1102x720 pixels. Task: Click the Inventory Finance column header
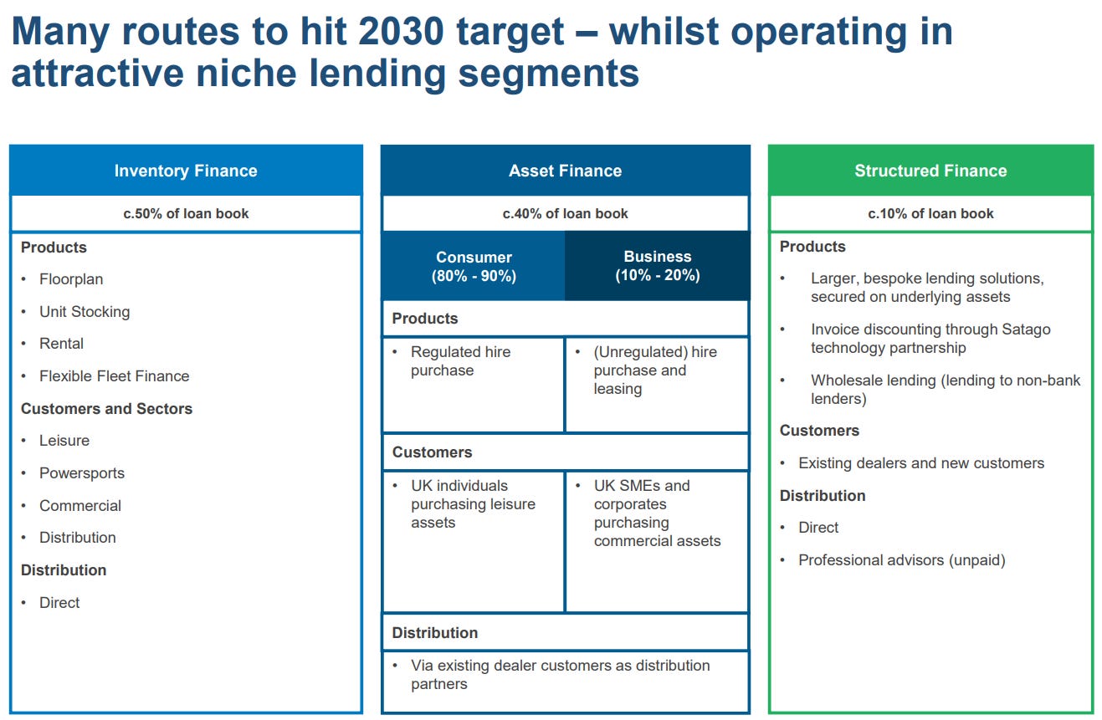coord(186,170)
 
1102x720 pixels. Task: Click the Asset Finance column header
coord(566,170)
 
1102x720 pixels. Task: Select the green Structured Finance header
coord(930,170)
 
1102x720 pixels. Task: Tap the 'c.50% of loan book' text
coord(186,213)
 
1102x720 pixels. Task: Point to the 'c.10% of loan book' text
coord(930,213)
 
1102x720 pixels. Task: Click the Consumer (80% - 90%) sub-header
coord(474,266)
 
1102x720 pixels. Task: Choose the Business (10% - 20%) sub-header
coord(657,266)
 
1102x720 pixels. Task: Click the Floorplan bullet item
coord(71,279)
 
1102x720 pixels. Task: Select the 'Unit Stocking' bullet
coord(85,312)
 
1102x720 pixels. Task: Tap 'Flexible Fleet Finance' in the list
coord(114,376)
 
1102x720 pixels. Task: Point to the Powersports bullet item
coord(82,473)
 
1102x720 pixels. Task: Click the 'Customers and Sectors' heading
coord(106,409)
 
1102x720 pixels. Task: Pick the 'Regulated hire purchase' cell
coord(474,385)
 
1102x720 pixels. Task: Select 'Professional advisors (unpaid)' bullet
coord(902,560)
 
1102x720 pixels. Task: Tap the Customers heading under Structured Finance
coord(819,431)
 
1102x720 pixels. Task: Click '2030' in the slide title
coord(401,32)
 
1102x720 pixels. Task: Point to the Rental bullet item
coord(61,344)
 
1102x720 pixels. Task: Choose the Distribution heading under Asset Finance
coord(435,632)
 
